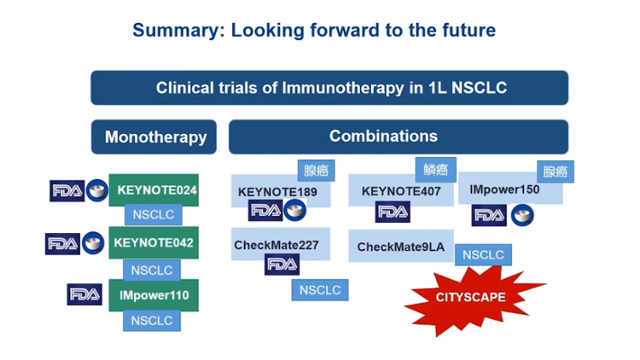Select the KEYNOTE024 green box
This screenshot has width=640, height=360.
154,190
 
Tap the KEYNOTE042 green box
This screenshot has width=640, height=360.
154,242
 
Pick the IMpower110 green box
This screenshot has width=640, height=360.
154,295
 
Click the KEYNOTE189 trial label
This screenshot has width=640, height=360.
277,192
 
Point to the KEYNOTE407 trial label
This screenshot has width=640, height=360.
401,191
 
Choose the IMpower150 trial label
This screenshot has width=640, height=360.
504,189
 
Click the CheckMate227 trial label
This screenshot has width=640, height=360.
276,245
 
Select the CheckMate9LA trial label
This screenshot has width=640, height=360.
401,247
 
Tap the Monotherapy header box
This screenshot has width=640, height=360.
154,136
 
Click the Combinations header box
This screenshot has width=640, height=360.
399,136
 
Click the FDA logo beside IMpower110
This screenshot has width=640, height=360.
84,294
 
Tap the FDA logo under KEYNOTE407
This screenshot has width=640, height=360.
393,212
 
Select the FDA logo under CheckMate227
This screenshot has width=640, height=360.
282,264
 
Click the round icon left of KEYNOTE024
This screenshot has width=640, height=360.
97,190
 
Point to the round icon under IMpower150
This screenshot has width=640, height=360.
522,215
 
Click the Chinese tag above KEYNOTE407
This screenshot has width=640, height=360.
436,170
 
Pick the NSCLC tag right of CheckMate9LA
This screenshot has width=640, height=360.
483,255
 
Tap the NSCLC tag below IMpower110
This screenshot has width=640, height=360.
152,321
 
